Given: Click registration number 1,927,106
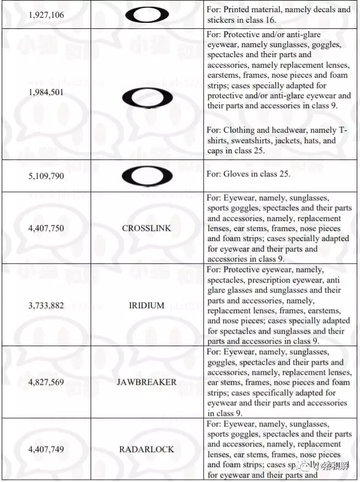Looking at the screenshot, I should [46, 14].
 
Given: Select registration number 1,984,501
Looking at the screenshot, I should [46, 92].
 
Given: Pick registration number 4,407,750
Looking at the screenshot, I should [46, 228].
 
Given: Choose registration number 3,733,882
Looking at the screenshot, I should [46, 305].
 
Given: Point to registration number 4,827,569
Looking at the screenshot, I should [46, 382].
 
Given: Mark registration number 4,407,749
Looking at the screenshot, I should [46, 449].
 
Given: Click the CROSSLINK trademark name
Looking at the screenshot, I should [147, 228].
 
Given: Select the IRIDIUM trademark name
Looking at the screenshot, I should [147, 305].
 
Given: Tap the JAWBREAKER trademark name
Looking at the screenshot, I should [147, 382].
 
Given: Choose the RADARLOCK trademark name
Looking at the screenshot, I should [147, 449].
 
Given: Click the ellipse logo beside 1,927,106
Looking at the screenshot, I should [147, 14].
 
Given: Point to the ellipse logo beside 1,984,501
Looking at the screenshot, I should [147, 98].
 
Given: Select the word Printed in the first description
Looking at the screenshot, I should [238, 9].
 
